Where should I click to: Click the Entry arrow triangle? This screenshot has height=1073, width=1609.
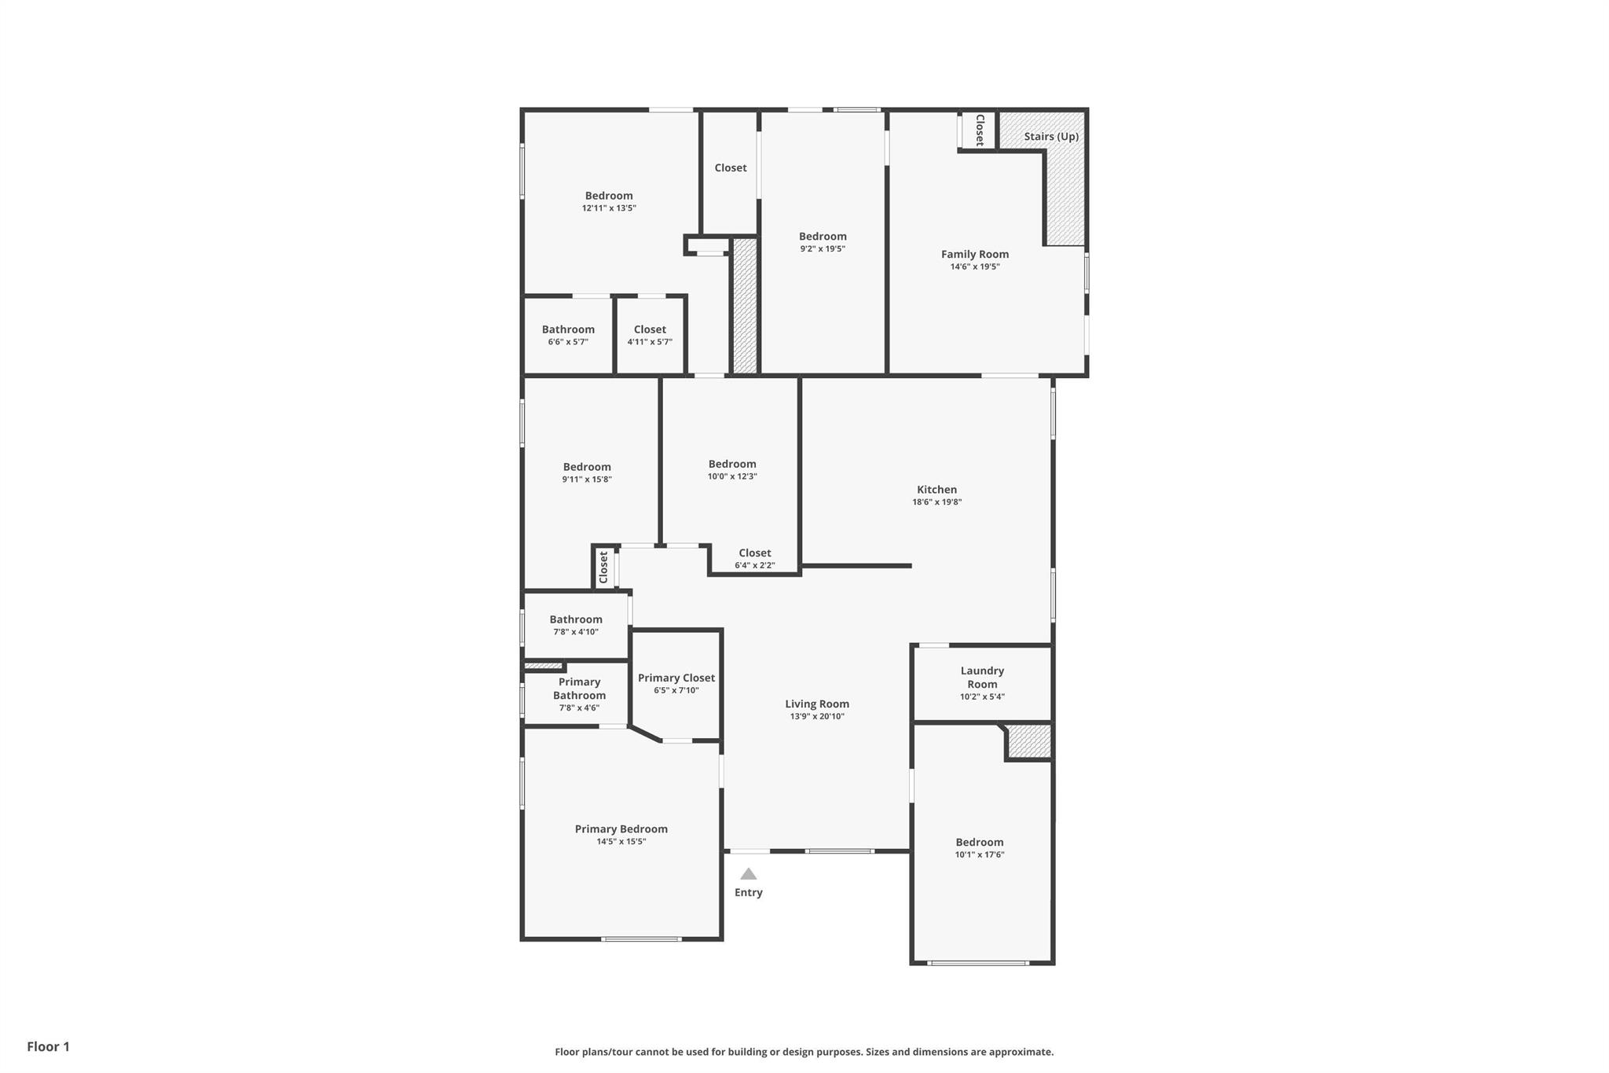pos(749,874)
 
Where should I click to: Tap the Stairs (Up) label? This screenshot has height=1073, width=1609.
pos(1051,137)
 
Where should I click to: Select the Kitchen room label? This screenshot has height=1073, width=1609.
pos(936,490)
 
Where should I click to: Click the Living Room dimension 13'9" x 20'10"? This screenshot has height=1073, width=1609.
pos(817,717)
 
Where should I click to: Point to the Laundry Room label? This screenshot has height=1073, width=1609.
pos(982,678)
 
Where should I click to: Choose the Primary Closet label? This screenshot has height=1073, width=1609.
pos(676,678)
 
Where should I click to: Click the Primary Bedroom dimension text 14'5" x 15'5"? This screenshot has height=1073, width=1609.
pos(621,842)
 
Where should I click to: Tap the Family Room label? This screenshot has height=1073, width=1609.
pos(975,255)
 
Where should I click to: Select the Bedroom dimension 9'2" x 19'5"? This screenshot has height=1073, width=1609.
pos(823,249)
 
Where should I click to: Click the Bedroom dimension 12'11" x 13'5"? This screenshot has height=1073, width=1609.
pos(609,208)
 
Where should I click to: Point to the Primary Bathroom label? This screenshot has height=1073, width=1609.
pos(580,689)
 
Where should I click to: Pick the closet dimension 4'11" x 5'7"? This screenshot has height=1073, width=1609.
pos(650,342)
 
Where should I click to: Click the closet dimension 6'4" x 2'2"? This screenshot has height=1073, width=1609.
pos(755,565)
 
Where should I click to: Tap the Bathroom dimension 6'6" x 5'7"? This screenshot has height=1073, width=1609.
pos(568,342)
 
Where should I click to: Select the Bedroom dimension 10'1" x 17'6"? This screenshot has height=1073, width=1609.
pos(980,855)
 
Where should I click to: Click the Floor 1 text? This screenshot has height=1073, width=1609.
pos(49,1047)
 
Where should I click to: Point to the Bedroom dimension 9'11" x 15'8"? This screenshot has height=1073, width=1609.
pos(587,480)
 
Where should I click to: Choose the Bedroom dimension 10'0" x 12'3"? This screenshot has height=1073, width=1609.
pos(732,476)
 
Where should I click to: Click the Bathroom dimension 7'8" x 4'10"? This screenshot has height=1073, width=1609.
pos(576,632)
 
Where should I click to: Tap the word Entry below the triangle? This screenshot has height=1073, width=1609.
pos(749,893)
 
